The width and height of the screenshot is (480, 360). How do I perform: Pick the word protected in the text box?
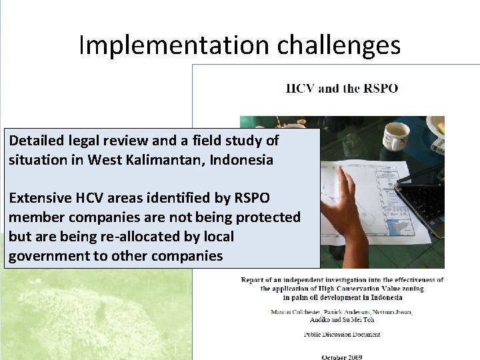click(269, 217)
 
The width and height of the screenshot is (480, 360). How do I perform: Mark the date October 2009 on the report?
click(342, 357)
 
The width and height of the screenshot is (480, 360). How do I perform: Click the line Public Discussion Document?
click(342, 334)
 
